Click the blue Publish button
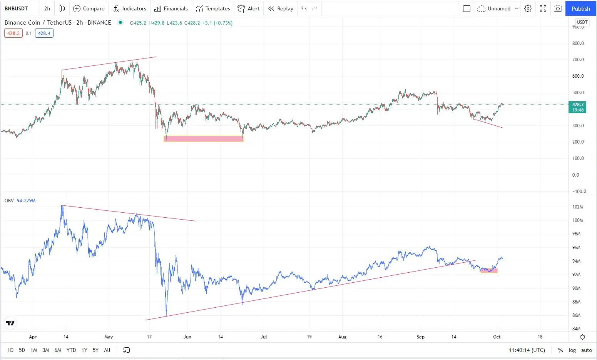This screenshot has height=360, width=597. [580, 8]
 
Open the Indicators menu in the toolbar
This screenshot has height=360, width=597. [130, 8]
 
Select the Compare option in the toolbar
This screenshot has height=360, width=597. [89, 8]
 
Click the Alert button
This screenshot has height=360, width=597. [249, 8]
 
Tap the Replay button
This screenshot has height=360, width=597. [281, 8]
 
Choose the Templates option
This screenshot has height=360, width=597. [213, 8]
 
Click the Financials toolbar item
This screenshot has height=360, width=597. [171, 8]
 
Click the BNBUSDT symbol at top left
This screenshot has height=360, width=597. [16, 8]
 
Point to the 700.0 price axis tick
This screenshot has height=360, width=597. [578, 60]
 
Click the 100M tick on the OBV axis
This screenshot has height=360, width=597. [577, 220]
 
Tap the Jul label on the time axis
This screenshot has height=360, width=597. [263, 337]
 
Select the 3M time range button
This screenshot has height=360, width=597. [46, 350]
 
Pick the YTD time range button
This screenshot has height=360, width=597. [71, 350]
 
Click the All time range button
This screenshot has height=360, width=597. [107, 350]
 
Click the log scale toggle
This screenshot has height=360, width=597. [572, 350]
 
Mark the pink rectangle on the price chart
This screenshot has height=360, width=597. [204, 139]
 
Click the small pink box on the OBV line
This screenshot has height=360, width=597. [489, 271]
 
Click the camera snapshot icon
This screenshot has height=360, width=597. [558, 8]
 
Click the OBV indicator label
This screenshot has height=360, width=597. [9, 201]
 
